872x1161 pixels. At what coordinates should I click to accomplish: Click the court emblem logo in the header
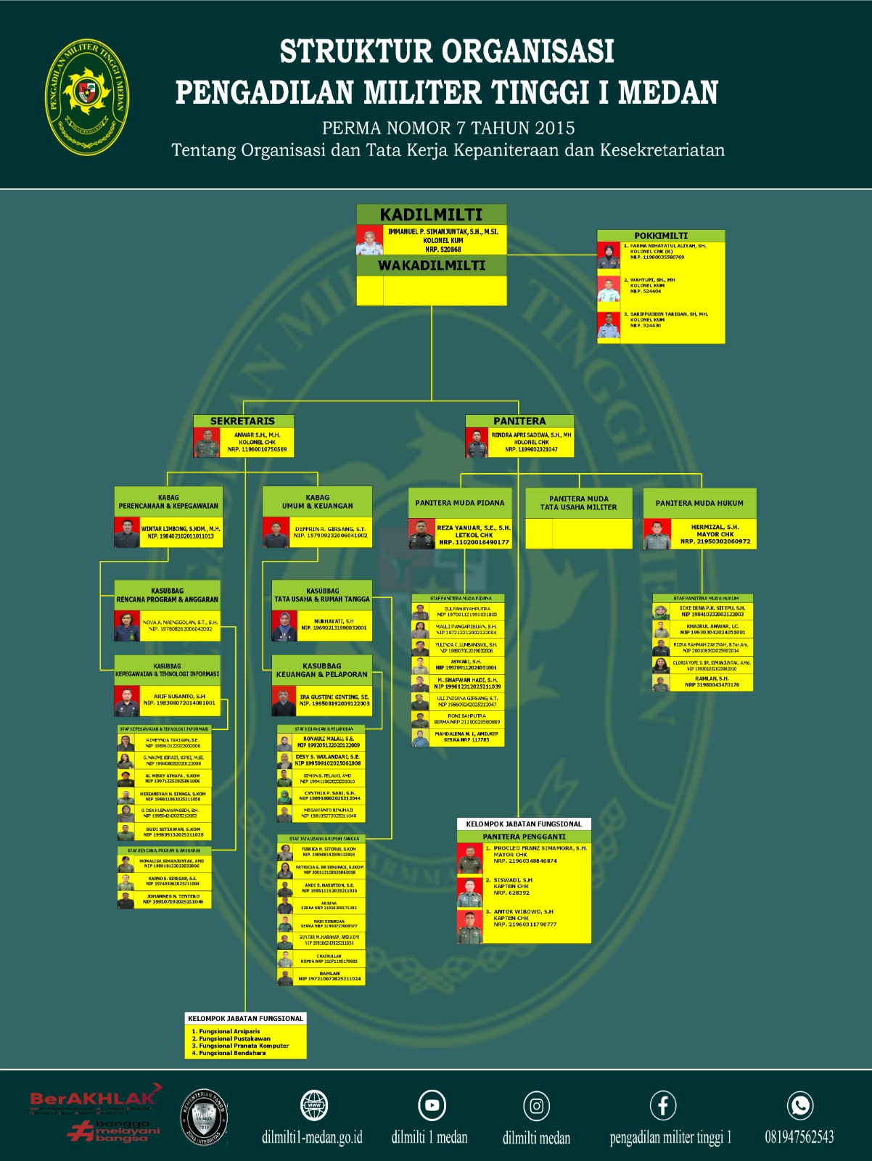[x=88, y=97]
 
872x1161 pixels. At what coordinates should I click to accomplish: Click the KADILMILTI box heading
[x=431, y=215]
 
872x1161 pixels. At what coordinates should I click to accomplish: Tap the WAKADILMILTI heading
[x=431, y=266]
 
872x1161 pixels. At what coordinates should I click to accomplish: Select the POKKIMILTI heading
[x=660, y=236]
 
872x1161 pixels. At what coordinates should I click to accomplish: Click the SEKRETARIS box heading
[x=242, y=421]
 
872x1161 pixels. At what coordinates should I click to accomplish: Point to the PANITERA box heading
[x=519, y=421]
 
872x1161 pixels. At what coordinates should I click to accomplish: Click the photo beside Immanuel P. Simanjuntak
[x=369, y=240]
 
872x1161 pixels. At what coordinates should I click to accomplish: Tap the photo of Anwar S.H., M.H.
[x=207, y=442]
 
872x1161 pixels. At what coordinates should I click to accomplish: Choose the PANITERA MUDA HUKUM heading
[x=699, y=503]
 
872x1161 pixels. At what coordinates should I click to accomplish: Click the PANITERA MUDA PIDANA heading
[x=460, y=503]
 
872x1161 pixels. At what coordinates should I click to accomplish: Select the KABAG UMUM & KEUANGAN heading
[x=317, y=501]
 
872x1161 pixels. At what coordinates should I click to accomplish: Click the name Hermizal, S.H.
[x=715, y=528]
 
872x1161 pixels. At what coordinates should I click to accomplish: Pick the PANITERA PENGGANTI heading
[x=524, y=837]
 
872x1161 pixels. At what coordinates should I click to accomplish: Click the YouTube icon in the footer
[x=432, y=1105]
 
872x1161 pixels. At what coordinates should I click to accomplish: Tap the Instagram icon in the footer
[x=536, y=1106]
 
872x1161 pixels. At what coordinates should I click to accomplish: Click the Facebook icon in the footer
[x=663, y=1106]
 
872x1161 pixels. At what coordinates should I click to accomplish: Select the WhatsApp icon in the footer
[x=800, y=1105]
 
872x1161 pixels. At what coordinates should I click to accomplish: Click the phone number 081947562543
[x=799, y=1137]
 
